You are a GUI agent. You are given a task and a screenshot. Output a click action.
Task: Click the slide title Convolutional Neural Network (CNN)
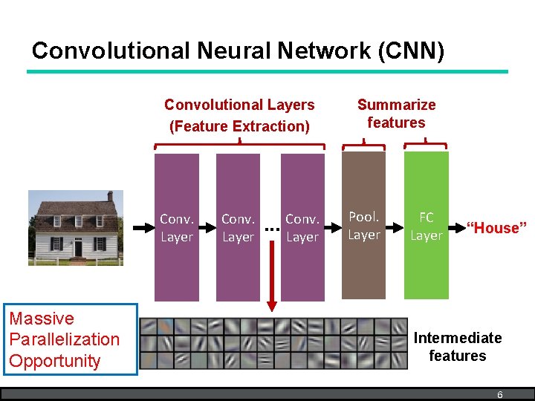(238, 50)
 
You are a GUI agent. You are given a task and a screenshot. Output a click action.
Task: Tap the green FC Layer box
(426, 226)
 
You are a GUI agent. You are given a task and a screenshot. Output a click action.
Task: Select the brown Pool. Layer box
(363, 226)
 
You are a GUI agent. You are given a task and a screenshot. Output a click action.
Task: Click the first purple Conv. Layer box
(176, 227)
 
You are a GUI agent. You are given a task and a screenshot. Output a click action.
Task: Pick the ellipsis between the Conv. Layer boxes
(271, 229)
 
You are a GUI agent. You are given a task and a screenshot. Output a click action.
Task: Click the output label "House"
(496, 228)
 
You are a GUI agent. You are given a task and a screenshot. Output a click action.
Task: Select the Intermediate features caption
(457, 347)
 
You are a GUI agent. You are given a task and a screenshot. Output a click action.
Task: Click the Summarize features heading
(396, 114)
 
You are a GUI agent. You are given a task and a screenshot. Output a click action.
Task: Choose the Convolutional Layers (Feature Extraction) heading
(239, 115)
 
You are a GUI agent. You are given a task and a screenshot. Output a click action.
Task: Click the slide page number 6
(499, 395)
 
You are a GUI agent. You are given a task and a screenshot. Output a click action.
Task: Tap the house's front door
(77, 247)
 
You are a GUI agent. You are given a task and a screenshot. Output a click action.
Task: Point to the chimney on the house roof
(109, 197)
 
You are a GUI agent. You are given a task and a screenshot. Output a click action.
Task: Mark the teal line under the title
(267, 71)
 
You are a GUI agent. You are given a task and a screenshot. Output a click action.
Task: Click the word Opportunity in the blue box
(54, 361)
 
